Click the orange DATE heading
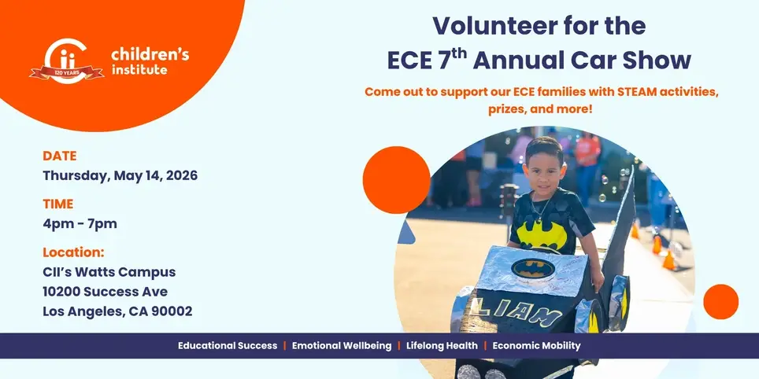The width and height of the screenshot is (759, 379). point(60,156)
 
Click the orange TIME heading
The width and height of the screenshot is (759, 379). point(58,204)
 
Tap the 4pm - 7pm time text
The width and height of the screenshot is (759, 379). point(80,223)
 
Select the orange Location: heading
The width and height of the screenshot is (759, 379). point(73,252)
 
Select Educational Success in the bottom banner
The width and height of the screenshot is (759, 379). point(228,346)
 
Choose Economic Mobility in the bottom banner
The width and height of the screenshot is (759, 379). point(536,346)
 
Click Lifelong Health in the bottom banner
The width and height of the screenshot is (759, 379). point(441,346)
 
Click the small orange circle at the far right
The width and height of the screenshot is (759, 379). point(720,302)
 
